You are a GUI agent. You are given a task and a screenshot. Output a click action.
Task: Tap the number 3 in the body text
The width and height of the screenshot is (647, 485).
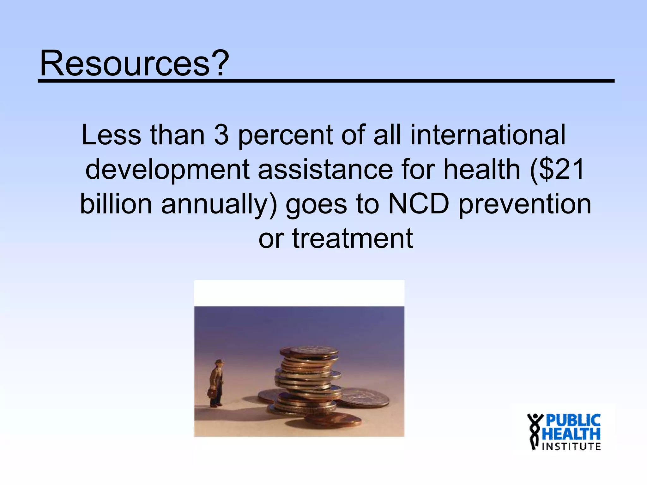(221, 135)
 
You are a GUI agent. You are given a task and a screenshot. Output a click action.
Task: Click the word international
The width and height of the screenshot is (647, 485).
(487, 135)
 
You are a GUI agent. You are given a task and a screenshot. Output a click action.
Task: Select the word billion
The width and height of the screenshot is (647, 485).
(116, 204)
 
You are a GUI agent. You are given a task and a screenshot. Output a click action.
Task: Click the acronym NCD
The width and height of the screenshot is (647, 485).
(418, 204)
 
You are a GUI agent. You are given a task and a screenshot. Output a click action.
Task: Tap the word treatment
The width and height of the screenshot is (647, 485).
(352, 238)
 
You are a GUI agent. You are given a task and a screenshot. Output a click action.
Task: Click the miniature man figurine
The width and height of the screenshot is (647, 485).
(217, 382)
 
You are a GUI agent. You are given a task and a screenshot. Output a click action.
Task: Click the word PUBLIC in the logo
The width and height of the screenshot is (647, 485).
(573, 421)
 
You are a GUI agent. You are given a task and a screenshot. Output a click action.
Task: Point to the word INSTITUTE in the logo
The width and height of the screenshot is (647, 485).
(571, 446)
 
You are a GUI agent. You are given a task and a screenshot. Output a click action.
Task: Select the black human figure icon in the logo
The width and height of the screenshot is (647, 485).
(535, 431)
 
